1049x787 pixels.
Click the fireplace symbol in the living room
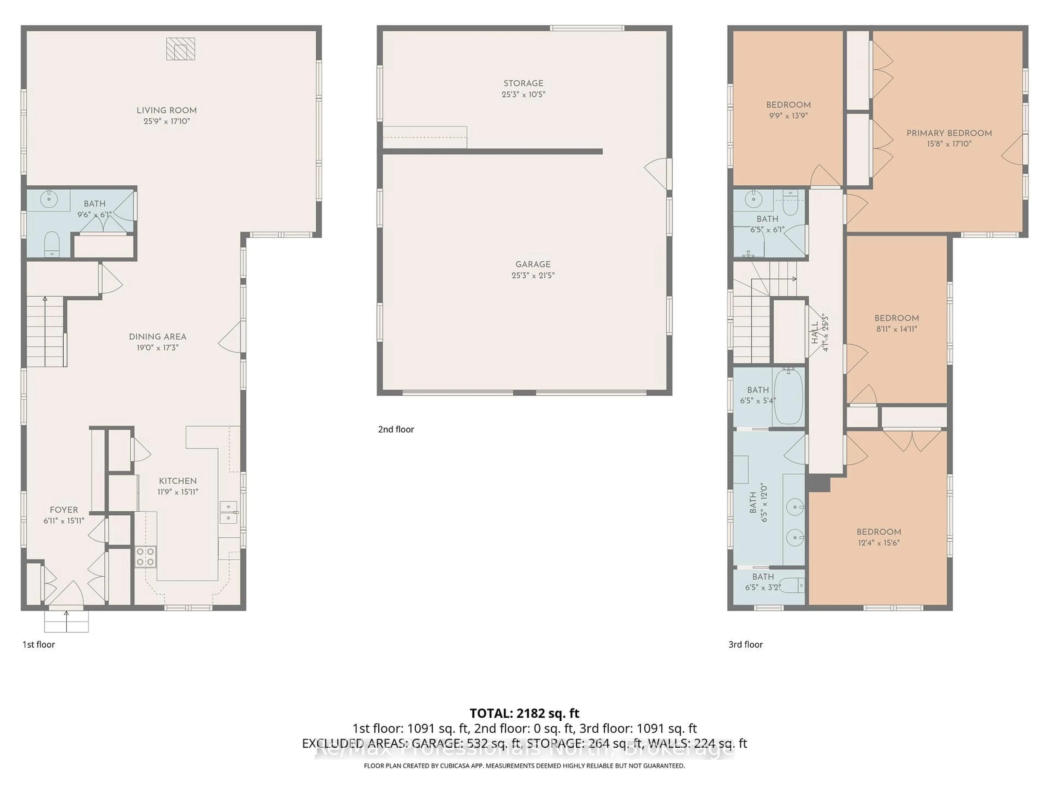pos(180,49)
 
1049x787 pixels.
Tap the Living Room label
pos(166,110)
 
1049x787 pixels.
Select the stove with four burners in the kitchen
pos(145,556)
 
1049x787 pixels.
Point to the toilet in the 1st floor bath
pos(51,243)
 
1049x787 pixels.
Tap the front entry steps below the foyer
pos(66,621)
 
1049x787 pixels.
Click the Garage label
pos(533,264)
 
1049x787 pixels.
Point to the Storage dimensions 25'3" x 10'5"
pos(524,94)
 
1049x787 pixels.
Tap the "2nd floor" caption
pos(396,429)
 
